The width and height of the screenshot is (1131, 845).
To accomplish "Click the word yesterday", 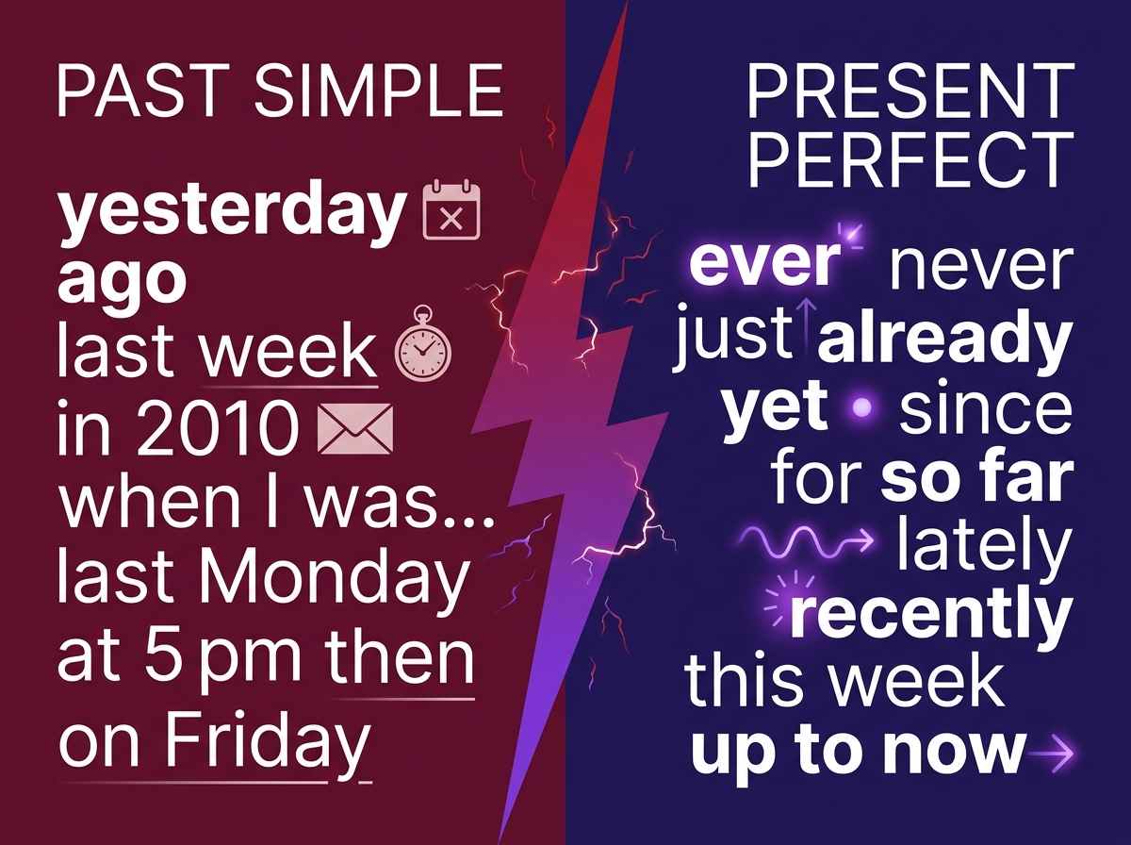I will [x=232, y=215].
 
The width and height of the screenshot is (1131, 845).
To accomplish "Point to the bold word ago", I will [x=122, y=281].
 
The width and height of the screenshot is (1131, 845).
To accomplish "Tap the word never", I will [x=980, y=266].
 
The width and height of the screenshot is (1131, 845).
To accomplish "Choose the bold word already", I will [x=944, y=344].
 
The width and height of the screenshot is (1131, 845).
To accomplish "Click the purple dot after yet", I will [x=860, y=409].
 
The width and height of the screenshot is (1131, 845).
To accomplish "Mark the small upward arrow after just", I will [x=807, y=323].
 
